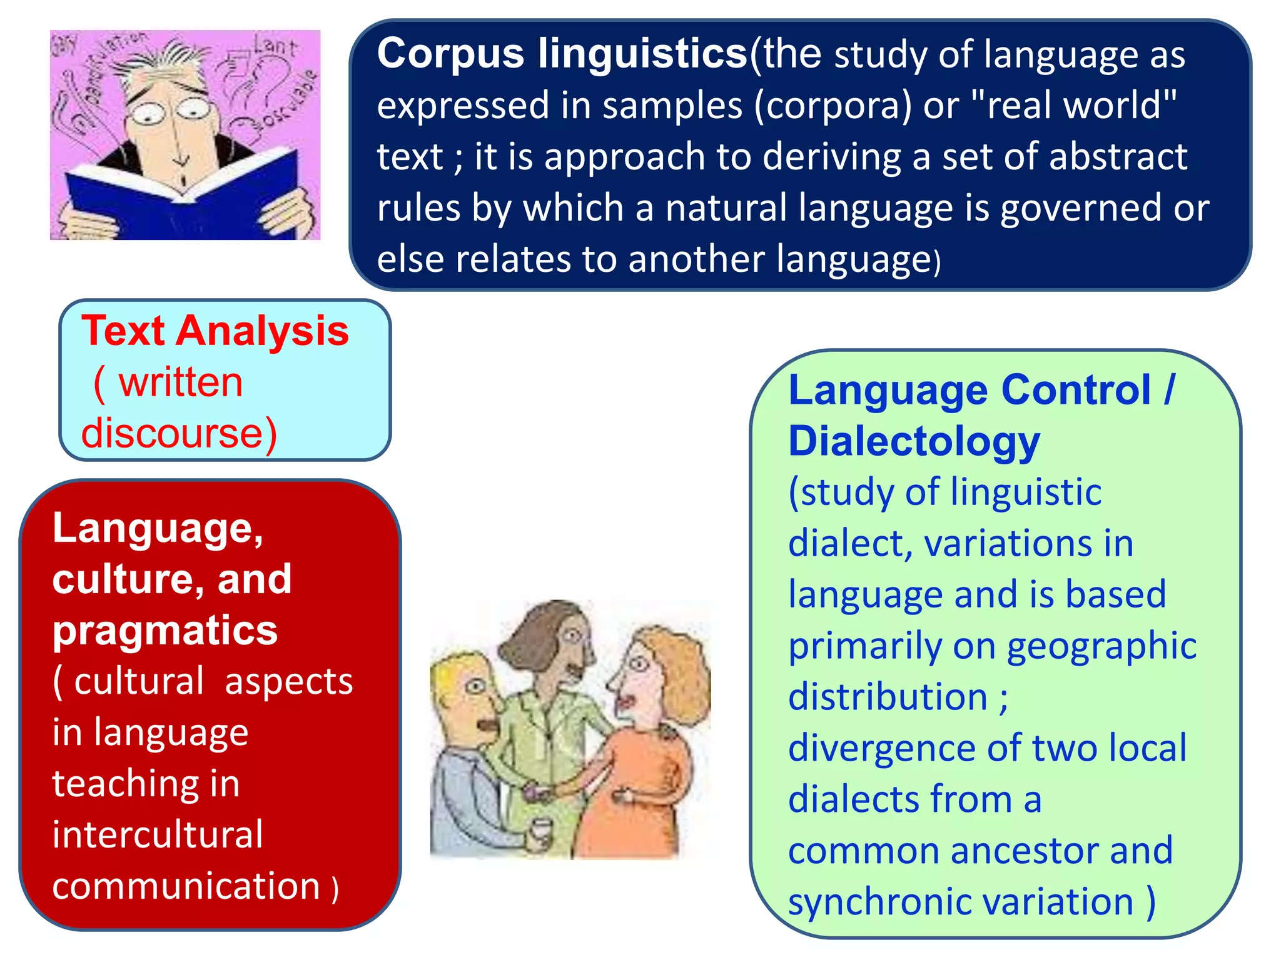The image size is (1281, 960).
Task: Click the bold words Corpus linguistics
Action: [562, 54]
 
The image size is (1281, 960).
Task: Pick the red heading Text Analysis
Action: [215, 331]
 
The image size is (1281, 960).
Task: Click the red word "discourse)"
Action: [179, 433]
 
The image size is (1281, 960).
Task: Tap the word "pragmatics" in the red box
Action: [165, 631]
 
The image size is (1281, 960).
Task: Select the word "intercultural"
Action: [158, 835]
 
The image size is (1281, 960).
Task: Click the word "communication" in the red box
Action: [186, 886]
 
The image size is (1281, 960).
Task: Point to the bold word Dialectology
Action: [914, 442]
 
